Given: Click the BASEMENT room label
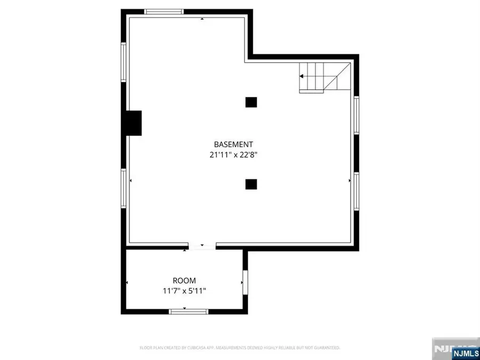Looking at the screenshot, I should tap(233, 144).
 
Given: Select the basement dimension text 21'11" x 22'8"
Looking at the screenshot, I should tap(233, 155).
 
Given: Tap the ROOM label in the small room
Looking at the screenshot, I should tap(184, 281).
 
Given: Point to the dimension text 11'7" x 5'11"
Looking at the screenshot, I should tap(184, 291).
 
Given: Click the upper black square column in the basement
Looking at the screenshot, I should tap(251, 102).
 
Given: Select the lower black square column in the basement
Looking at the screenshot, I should tap(251, 184).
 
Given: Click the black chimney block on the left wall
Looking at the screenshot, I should tap(133, 123).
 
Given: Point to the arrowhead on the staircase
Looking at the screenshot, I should tap(302, 76).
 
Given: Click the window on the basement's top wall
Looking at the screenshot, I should tap(164, 11).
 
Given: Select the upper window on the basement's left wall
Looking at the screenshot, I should tap(123, 62).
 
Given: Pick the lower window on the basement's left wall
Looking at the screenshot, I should tap(123, 188).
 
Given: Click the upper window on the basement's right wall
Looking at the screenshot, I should tap(356, 115).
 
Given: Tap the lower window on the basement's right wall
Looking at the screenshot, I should tap(356, 191).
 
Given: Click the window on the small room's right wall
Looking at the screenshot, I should tap(245, 282).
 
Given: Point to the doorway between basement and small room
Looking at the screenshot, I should tap(201, 247).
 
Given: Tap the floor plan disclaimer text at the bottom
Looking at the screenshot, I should tap(239, 348).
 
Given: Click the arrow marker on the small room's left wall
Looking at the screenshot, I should tap(127, 282).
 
